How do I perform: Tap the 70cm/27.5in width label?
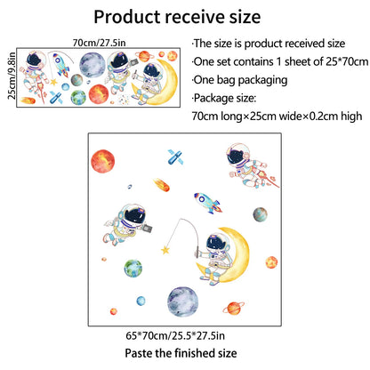pos(99,43)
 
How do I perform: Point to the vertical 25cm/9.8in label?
pos(12,76)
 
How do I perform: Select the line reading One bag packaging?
pos(240,80)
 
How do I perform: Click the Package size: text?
pos(224,98)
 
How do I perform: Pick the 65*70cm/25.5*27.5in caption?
pos(175,335)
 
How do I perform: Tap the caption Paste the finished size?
pos(181,353)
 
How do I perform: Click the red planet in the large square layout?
pos(102,161)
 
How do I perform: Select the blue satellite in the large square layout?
pos(175,157)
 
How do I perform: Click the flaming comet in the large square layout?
pos(162,185)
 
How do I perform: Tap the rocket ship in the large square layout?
pos(208,203)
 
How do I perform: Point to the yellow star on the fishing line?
pos(165,250)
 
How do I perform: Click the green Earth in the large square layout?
pos(133,269)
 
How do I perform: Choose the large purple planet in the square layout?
pos(182,302)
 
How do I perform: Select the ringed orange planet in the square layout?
pos(234,309)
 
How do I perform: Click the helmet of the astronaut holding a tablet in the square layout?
pos(135,216)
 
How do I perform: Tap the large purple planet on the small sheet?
pos(92,65)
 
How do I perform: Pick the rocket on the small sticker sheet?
pos(61,64)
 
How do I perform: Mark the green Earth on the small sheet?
pos(78,97)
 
